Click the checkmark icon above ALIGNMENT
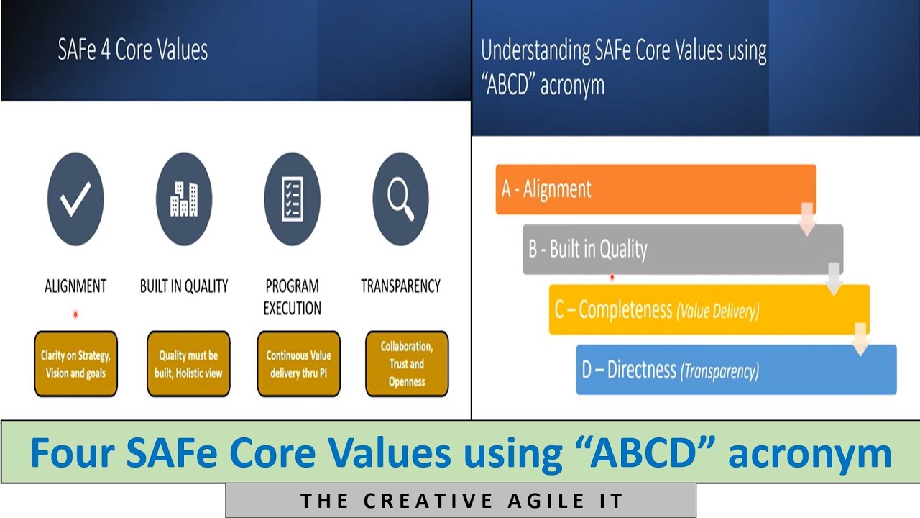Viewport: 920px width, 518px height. [75, 199]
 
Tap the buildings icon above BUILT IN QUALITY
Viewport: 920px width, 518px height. [184, 199]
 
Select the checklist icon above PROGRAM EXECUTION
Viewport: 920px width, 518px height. [292, 199]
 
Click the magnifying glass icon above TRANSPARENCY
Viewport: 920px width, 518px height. [400, 199]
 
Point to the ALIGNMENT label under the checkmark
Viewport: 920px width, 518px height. [75, 286]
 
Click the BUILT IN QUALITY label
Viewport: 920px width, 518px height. [184, 286]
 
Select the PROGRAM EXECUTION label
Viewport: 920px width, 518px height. [292, 297]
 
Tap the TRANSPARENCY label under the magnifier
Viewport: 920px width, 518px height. [400, 286]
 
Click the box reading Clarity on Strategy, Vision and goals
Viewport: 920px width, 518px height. [75, 364]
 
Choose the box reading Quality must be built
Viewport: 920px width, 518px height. [188, 364]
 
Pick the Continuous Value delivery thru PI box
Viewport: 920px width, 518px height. [298, 364]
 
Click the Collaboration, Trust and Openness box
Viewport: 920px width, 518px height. [407, 364]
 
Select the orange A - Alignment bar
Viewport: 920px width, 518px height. [655, 189]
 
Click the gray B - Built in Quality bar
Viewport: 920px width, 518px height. [682, 249]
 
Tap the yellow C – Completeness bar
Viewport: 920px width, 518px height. [709, 309]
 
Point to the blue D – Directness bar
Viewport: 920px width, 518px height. [736, 370]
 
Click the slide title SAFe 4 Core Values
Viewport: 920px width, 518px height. [133, 50]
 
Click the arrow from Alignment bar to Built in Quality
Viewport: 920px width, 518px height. [807, 219]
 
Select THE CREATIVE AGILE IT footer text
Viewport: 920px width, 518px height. [461, 501]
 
